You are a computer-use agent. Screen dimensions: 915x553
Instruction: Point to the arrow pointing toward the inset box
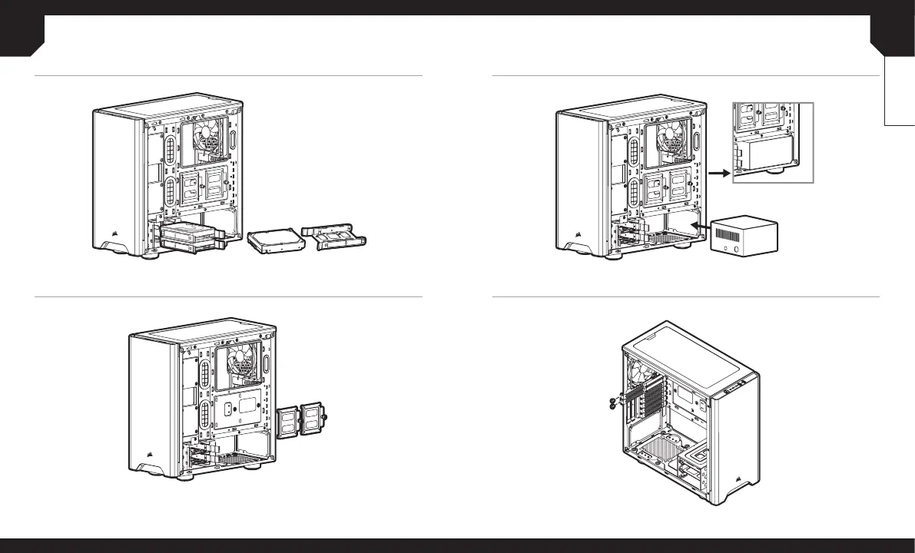(x=718, y=174)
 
